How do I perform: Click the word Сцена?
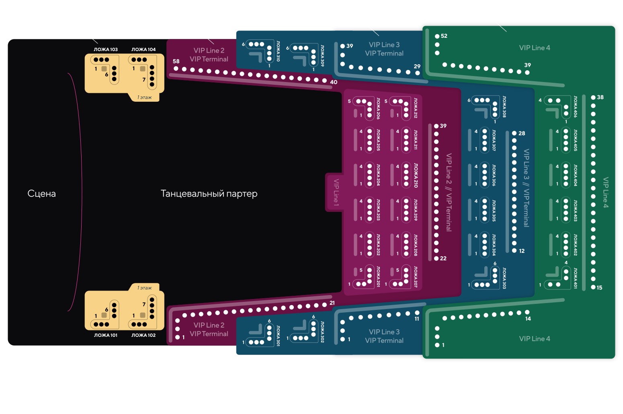41,194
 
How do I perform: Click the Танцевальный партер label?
209,194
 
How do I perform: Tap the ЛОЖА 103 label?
106,49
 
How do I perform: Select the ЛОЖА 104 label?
143,49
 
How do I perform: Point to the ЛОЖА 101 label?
106,335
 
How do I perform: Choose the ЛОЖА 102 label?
143,335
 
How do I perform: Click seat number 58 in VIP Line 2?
176,69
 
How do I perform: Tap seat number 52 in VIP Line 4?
437,36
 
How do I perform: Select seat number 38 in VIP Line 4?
593,97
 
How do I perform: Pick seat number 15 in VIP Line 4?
593,287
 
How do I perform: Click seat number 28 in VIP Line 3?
514,133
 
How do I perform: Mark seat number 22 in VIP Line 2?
436,258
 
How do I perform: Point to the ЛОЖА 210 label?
416,175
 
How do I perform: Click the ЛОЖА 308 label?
504,107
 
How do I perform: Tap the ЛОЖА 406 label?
575,107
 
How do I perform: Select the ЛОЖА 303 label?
504,278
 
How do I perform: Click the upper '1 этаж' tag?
144,97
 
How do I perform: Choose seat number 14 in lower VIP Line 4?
527,312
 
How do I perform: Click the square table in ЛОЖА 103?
104,69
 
